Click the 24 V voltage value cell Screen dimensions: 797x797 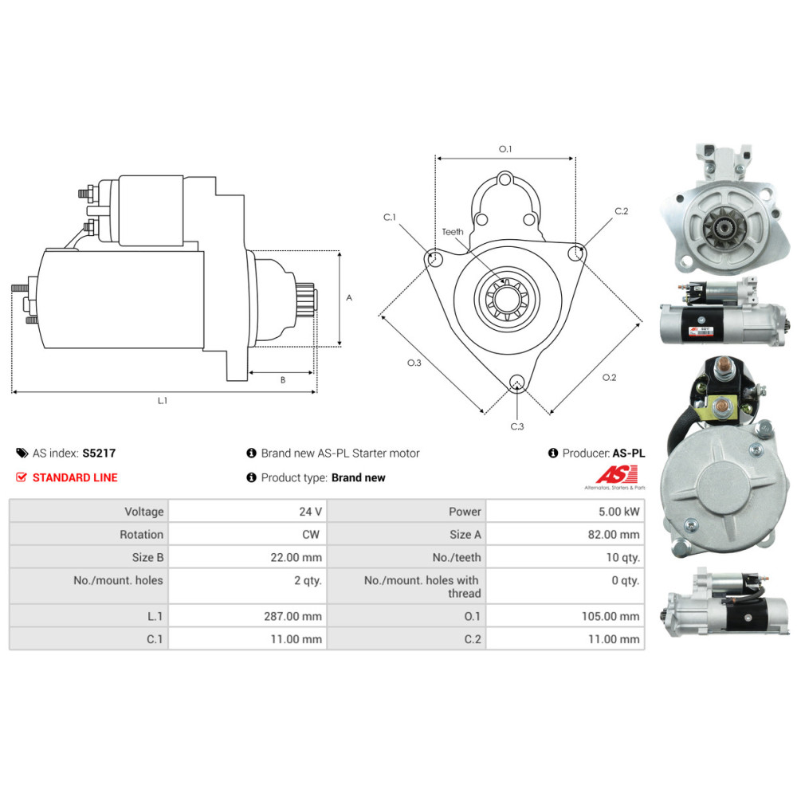pyautogui.click(x=310, y=512)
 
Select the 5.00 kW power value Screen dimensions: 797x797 pyautogui.click(x=622, y=512)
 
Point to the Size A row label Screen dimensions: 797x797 pyautogui.click(x=465, y=535)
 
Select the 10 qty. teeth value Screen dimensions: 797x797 pyautogui.click(x=622, y=558)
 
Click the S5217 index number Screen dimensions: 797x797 pyautogui.click(x=99, y=453)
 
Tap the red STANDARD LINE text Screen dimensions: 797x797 pyautogui.click(x=74, y=477)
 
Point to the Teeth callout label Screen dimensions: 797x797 pyautogui.click(x=453, y=232)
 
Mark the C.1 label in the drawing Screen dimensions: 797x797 pyautogui.click(x=390, y=217)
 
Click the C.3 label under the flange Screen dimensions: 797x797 pyautogui.click(x=517, y=426)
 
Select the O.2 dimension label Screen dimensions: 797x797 pyautogui.click(x=609, y=377)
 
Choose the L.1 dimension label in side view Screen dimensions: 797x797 pyautogui.click(x=162, y=400)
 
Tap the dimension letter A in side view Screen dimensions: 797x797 pyautogui.click(x=349, y=297)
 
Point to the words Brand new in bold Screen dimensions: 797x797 pyautogui.click(x=358, y=477)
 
